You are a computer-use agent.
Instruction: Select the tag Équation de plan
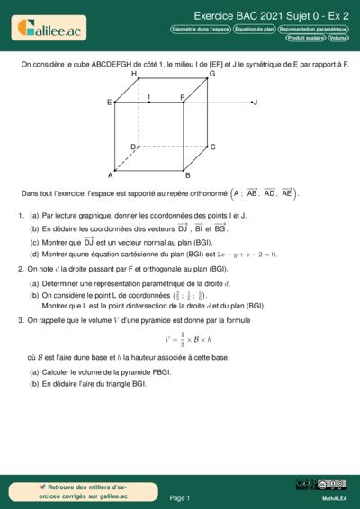(x=255, y=29)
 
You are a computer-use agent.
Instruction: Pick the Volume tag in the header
(x=338, y=38)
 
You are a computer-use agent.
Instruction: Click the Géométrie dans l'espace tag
(x=200, y=29)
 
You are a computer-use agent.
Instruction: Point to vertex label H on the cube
(x=134, y=74)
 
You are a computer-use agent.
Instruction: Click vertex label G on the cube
(x=211, y=74)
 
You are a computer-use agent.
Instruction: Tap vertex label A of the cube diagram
(x=111, y=175)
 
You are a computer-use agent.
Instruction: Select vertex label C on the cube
(x=212, y=147)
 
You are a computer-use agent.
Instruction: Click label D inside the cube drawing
(x=133, y=147)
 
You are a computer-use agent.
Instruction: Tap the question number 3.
(x=20, y=319)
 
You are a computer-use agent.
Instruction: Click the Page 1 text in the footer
(x=179, y=497)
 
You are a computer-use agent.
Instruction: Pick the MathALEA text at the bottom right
(x=334, y=497)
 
